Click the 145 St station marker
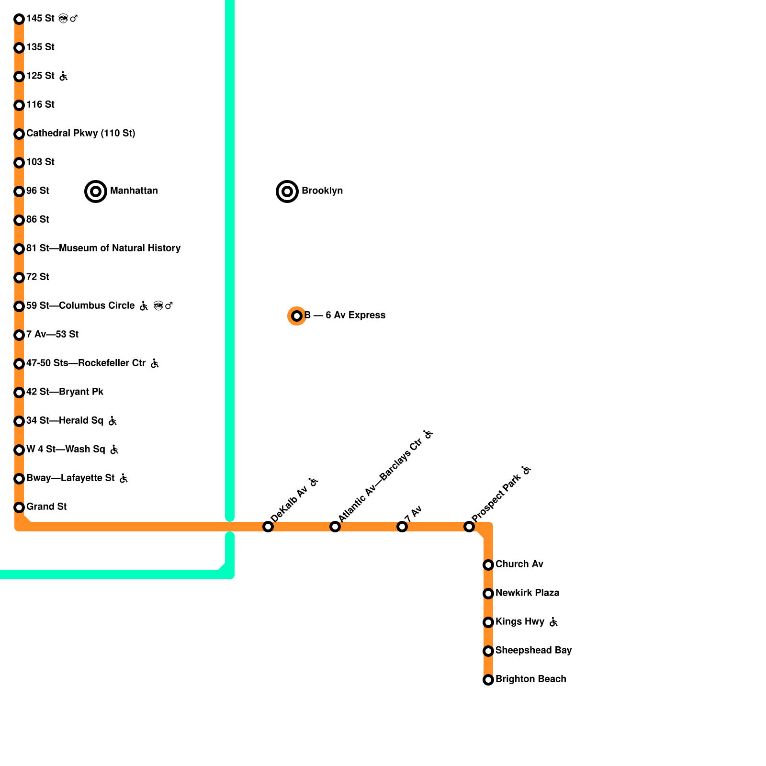[x=19, y=19]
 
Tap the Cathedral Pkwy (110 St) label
[x=80, y=133]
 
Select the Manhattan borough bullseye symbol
[x=96, y=191]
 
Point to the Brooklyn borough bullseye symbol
[x=287, y=191]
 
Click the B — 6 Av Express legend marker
[x=297, y=316]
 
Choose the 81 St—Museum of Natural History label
[x=103, y=248]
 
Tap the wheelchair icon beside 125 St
[x=63, y=76]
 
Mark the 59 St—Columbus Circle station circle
[x=19, y=306]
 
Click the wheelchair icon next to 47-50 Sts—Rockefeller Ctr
[x=154, y=363]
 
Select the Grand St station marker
[x=19, y=507]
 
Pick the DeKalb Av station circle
[x=268, y=527]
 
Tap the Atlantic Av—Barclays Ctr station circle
[x=335, y=527]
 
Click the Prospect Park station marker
[x=469, y=527]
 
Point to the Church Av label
[x=519, y=564]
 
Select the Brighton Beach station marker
[x=488, y=680]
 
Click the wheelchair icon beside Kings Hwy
[x=553, y=622]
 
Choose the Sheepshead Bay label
[x=533, y=650]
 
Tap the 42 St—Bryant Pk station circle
[x=19, y=393]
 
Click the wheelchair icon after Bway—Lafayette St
[x=123, y=478]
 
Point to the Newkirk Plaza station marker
[x=488, y=594]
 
